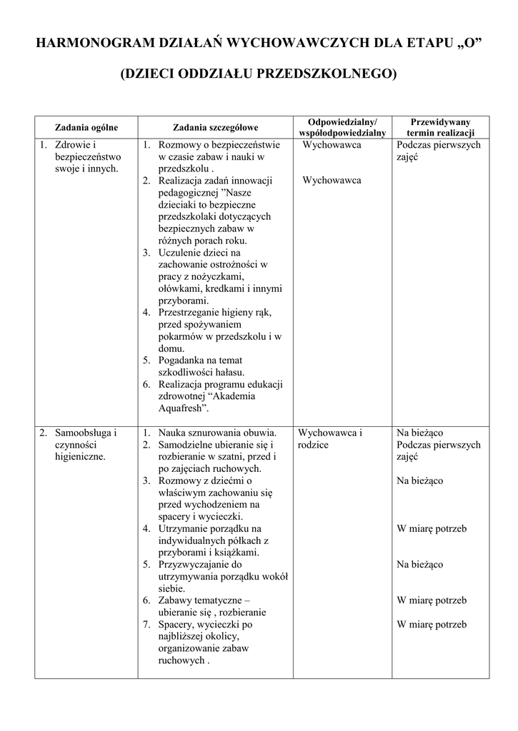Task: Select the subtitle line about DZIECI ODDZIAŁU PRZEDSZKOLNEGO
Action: click(259, 74)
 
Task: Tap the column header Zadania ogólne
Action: click(86, 127)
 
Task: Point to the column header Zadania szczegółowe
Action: click(215, 127)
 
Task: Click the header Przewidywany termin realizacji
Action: click(441, 127)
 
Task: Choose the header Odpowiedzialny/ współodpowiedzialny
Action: click(342, 127)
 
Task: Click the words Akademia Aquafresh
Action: click(206, 403)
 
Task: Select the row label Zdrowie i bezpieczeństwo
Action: click(81, 156)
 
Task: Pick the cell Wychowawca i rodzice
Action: click(330, 438)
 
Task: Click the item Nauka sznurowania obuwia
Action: click(217, 433)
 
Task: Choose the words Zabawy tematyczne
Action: click(204, 600)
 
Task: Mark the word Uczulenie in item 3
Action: click(179, 252)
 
